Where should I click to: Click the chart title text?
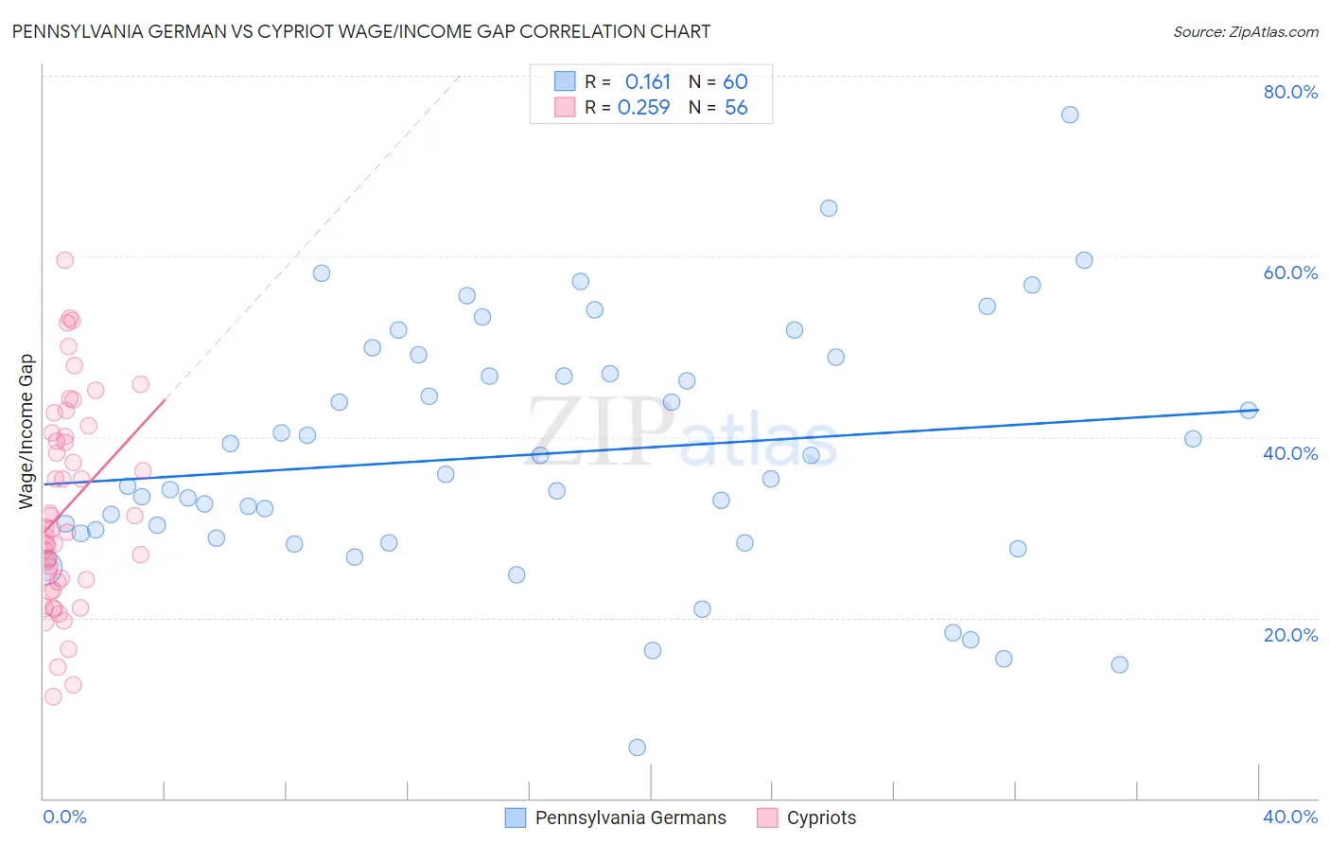(360, 31)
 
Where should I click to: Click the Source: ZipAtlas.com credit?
(1245, 31)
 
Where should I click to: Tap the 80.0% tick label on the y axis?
(1290, 92)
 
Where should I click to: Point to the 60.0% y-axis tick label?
(1290, 273)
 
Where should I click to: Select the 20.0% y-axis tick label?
(1290, 635)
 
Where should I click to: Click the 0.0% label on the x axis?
(64, 817)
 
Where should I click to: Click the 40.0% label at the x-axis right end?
(1290, 817)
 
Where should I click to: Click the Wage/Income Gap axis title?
(26, 431)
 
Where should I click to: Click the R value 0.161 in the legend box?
(647, 82)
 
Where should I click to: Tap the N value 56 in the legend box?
(736, 108)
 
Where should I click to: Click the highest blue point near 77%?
(1070, 114)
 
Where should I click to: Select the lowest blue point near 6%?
(638, 747)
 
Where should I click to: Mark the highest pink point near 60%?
(65, 260)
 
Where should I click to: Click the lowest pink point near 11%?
(53, 696)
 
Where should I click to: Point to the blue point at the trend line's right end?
(1249, 410)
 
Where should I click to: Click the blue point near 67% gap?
(829, 208)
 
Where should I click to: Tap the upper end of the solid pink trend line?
(165, 400)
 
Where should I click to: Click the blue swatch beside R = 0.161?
(565, 81)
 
